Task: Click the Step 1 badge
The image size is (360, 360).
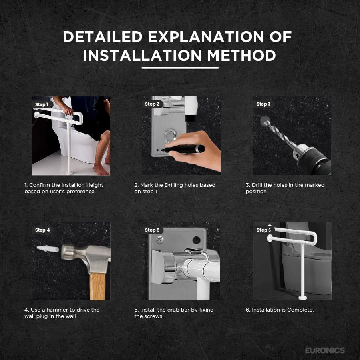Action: coord(42,104)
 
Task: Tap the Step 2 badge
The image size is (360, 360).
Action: coord(152,104)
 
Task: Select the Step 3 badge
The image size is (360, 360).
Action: coord(264,104)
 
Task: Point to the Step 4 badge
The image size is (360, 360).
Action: coord(42,230)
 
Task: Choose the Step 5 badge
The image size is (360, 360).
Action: coord(152,230)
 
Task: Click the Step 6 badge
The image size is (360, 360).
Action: coord(264,230)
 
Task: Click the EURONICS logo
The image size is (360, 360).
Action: coord(325,350)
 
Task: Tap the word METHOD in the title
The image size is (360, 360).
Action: coord(241,56)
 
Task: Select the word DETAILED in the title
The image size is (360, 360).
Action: coord(103,36)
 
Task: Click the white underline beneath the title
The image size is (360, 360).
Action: coord(180,68)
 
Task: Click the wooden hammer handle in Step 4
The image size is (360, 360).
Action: coord(97,286)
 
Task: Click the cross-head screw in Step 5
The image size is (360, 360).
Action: coord(159,240)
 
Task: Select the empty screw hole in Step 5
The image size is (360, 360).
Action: coord(196,240)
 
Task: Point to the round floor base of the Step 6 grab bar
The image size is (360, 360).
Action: coord(302,298)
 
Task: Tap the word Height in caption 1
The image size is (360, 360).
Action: coord(95,185)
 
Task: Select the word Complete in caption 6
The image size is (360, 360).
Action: coord(300,310)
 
